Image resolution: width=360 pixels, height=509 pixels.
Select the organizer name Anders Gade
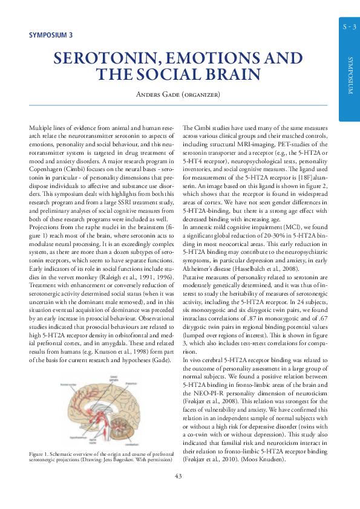tap(157, 94)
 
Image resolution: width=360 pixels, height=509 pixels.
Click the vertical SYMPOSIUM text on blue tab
tap(350, 75)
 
